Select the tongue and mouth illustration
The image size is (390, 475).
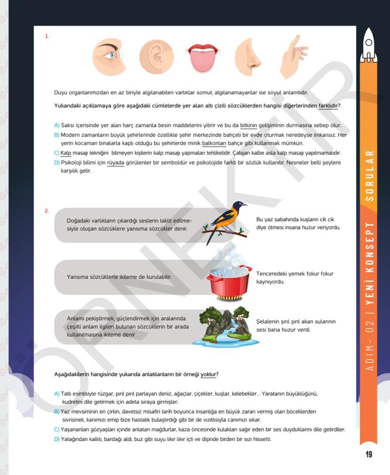pos(203,58)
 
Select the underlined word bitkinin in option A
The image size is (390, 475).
pos(249,125)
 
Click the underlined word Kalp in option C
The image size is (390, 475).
pos(65,153)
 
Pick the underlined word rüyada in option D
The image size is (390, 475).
pos(115,162)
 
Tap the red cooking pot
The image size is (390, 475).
pos(229,281)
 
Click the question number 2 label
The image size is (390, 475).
pos(47,211)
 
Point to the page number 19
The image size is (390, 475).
pos(368,454)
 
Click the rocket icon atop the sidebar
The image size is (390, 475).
pos(369,45)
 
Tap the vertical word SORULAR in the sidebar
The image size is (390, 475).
pos(370,176)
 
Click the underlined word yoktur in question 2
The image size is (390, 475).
pos(208,375)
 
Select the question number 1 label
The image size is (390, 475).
pos(47,36)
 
